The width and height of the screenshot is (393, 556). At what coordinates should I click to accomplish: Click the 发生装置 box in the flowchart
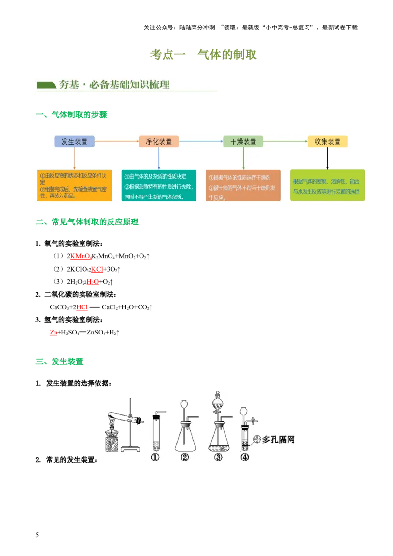pyautogui.click(x=74, y=141)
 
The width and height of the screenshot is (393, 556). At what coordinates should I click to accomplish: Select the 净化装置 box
pyautogui.click(x=159, y=141)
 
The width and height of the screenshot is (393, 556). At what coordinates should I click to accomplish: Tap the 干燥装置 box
pyautogui.click(x=243, y=141)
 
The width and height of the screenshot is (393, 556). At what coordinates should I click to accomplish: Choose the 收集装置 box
pyautogui.click(x=328, y=141)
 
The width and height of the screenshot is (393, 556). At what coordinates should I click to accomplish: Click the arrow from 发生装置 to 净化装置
pyautogui.click(x=116, y=141)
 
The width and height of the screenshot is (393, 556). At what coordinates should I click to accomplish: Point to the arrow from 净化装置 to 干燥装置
pyautogui.click(x=201, y=141)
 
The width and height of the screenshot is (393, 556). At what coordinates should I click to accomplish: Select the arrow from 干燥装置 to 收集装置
pyautogui.click(x=285, y=141)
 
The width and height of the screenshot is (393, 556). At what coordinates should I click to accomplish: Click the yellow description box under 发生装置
pyautogui.click(x=74, y=185)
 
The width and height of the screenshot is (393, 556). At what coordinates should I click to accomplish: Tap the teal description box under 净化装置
pyautogui.click(x=159, y=185)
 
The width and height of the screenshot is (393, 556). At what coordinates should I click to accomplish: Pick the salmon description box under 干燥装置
pyautogui.click(x=243, y=185)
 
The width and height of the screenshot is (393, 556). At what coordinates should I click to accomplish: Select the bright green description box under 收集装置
pyautogui.click(x=328, y=185)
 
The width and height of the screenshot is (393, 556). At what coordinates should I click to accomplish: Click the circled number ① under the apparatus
pyautogui.click(x=155, y=457)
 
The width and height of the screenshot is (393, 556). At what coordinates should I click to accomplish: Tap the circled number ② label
pyautogui.click(x=185, y=457)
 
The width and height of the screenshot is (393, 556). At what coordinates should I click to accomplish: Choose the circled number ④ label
pyautogui.click(x=245, y=457)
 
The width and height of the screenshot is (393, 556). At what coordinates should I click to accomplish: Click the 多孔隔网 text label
pyautogui.click(x=279, y=439)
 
